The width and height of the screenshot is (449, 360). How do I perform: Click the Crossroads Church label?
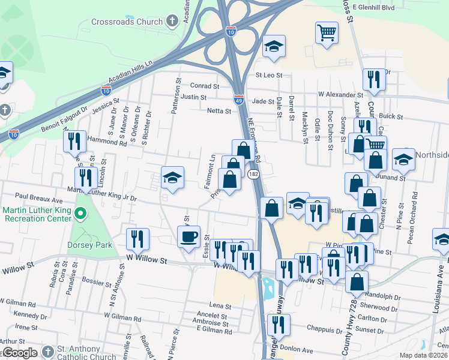click(x=127, y=22)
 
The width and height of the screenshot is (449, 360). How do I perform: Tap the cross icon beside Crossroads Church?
click(x=172, y=22)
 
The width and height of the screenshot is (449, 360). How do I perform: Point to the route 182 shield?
click(x=254, y=174)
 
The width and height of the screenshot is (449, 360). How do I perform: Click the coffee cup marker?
click(x=188, y=237)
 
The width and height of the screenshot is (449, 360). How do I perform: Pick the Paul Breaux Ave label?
click(x=39, y=196)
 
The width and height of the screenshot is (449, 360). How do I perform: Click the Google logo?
click(x=19, y=353)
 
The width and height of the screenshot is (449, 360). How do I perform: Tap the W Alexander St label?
click(x=340, y=95)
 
